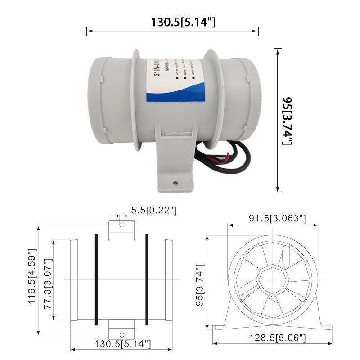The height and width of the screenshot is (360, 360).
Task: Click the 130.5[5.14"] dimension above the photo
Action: pos(183,22)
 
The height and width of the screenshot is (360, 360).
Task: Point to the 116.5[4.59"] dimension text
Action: pos(32,275)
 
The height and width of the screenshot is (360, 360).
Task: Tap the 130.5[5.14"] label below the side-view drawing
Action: pos(122,344)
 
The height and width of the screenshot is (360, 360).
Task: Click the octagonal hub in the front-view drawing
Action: pos(273,280)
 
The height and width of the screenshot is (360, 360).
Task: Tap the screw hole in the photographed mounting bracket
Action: pos(176,183)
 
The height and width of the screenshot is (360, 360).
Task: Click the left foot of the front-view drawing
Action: pos(220,326)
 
